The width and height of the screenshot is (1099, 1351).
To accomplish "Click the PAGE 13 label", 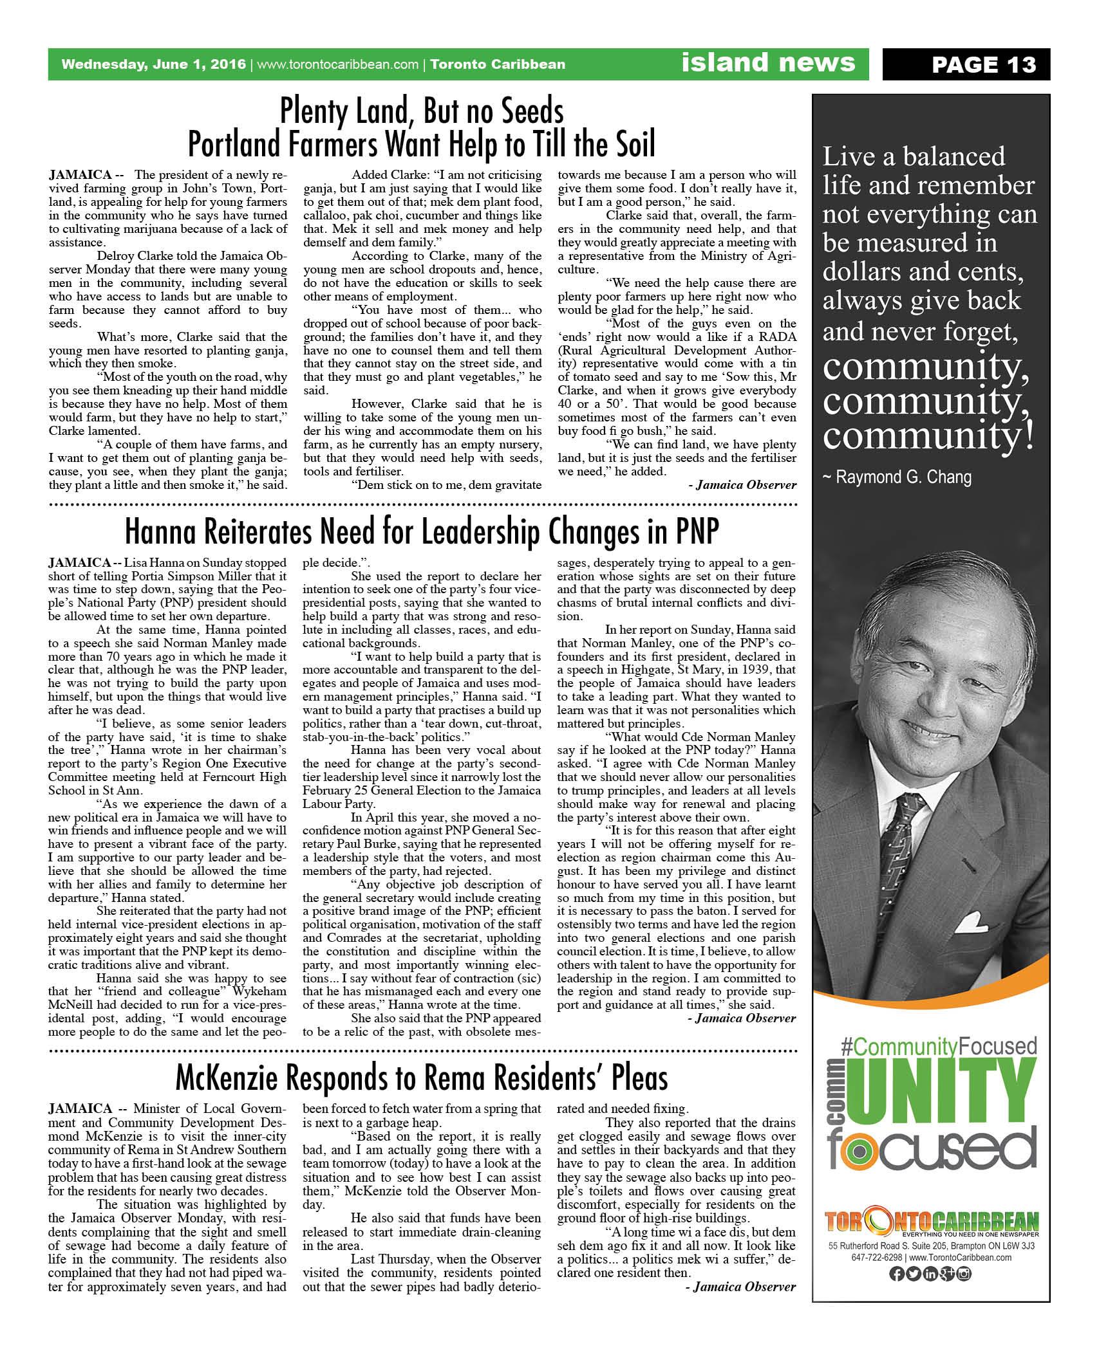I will tap(983, 65).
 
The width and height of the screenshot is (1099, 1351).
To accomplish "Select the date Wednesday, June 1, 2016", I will tap(153, 64).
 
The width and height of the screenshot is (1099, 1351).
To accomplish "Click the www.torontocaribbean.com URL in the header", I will tap(337, 64).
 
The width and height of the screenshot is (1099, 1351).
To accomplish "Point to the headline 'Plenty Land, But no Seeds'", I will tap(422, 111).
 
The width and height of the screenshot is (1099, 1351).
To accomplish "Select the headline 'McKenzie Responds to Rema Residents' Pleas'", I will tap(422, 1078).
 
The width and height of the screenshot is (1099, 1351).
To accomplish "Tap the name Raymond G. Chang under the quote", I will tap(897, 477).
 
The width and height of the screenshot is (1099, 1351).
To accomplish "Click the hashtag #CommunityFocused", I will tap(939, 1045).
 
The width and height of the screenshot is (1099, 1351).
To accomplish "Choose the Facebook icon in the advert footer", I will tap(896, 1273).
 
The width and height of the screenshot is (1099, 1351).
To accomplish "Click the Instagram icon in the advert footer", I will tap(964, 1273).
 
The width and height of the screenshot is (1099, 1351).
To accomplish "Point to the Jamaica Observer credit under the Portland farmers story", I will tap(742, 484).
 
